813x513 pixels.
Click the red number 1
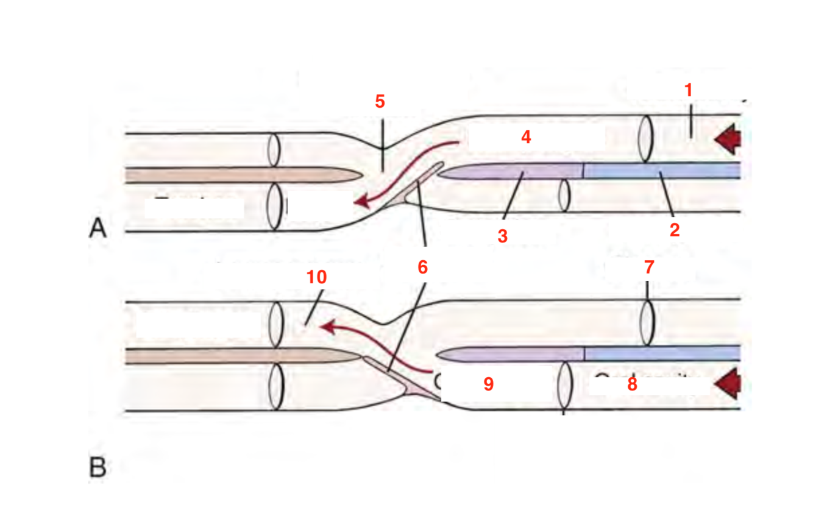click(689, 90)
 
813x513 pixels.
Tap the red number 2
click(675, 230)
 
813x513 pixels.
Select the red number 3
click(502, 236)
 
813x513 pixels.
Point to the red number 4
click(526, 137)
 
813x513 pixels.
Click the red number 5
click(380, 102)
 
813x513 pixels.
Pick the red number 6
click(422, 267)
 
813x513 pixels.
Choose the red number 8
click(632, 386)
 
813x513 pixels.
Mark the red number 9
click(488, 384)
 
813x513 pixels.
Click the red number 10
click(316, 278)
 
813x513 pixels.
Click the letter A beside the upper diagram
click(98, 228)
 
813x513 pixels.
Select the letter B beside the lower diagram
click(98, 468)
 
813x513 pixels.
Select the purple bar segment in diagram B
click(512, 354)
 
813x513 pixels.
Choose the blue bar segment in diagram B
click(661, 353)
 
